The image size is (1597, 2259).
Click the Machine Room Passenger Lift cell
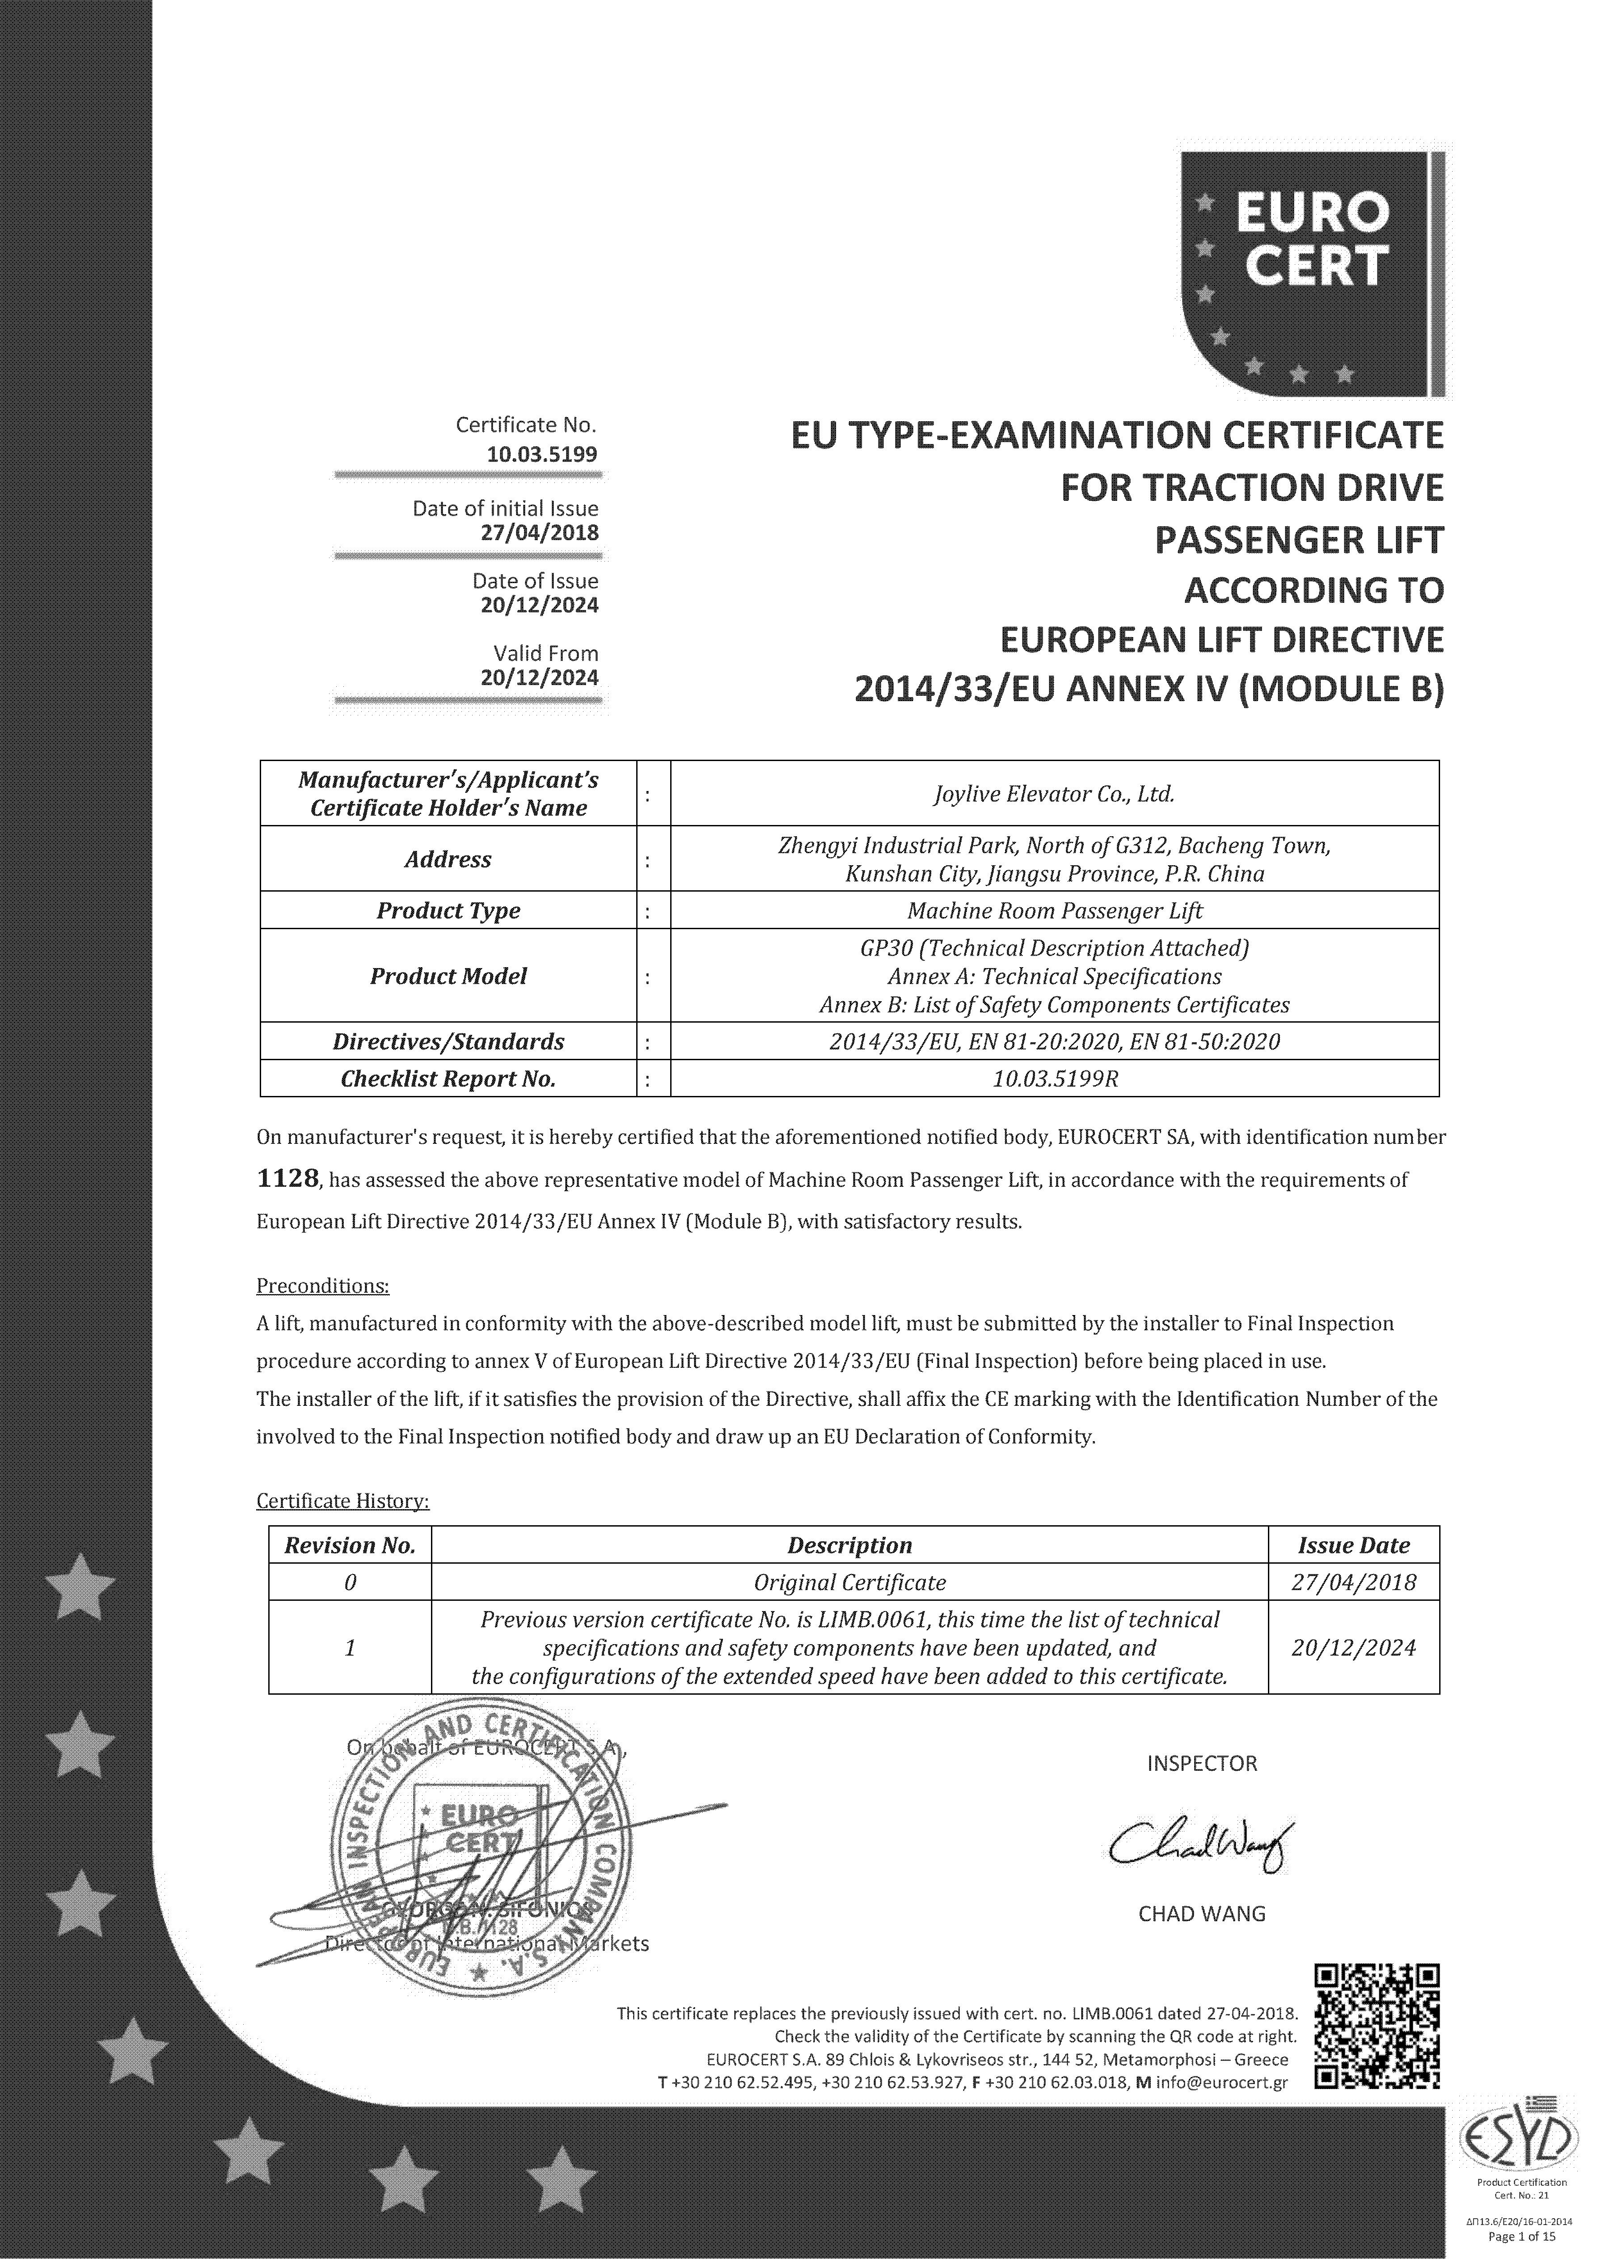(1054, 911)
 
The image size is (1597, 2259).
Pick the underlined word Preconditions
(323, 1286)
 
